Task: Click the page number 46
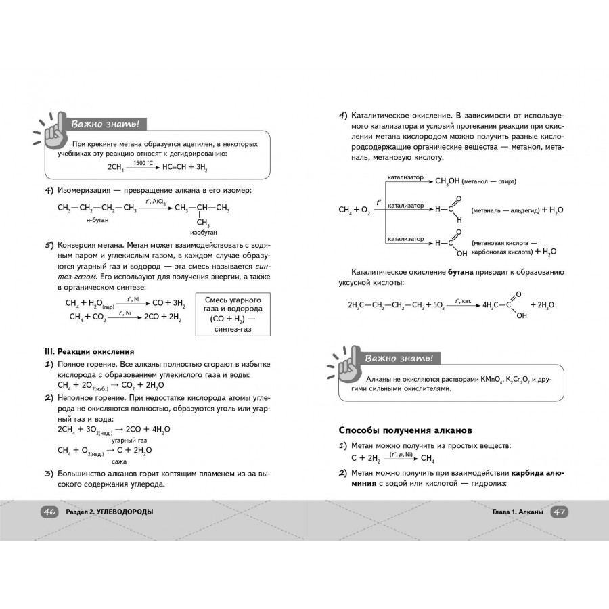49,512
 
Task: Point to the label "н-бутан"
97,221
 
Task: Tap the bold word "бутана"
462,272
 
